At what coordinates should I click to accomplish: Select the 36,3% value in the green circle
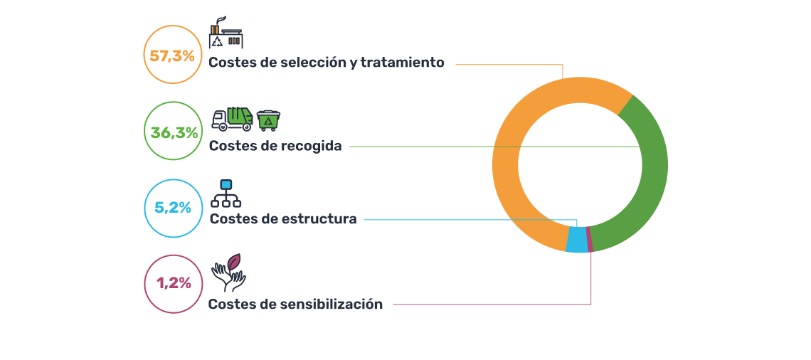174,132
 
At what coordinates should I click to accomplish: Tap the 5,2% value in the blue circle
173,208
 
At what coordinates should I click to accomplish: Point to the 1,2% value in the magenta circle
174,283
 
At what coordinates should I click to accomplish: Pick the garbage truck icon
233,119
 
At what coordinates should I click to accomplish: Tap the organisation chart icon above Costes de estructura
226,193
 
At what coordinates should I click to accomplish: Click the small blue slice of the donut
577,240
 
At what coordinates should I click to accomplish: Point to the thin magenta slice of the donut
590,239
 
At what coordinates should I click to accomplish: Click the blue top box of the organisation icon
226,184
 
